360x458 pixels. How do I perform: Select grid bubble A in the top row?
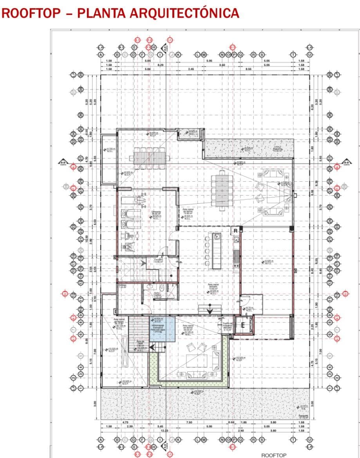point(101,55)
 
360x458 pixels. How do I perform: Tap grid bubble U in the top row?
point(309,55)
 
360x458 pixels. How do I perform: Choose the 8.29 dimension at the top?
point(161,65)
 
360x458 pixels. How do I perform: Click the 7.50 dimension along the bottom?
point(189,422)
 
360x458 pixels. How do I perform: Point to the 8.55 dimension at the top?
point(248,69)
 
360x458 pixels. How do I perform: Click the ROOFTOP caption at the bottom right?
point(274,455)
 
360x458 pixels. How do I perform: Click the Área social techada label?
point(213,286)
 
